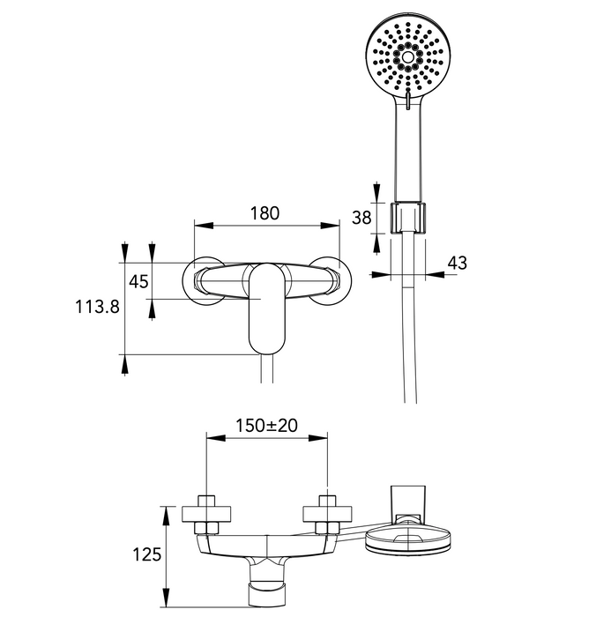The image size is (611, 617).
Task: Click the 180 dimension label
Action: [265, 213]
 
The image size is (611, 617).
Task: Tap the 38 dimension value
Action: [361, 218]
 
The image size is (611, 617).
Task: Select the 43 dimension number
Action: [457, 263]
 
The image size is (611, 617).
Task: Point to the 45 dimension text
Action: [138, 281]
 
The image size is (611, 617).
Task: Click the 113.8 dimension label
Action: [97, 307]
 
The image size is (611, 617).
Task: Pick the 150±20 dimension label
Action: [266, 426]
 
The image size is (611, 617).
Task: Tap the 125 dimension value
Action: [147, 554]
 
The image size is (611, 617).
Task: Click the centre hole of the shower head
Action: [408, 57]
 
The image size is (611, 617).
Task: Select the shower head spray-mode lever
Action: [408, 99]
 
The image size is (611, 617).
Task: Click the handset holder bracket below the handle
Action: [408, 218]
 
